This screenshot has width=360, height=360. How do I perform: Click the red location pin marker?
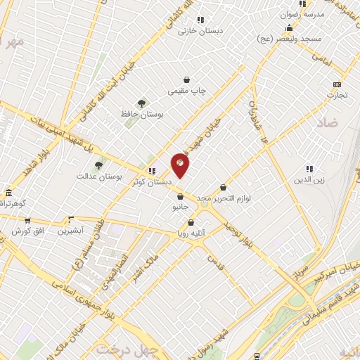click(x=181, y=166)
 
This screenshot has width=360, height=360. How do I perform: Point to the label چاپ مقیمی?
click(x=186, y=91)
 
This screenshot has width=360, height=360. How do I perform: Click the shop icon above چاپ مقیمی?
click(x=186, y=79)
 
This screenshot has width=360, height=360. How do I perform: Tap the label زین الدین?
click(x=308, y=180)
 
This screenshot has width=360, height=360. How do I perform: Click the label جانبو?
click(x=181, y=208)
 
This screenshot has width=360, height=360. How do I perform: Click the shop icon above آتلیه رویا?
click(x=191, y=223)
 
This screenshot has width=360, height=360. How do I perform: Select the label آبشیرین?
click(x=70, y=231)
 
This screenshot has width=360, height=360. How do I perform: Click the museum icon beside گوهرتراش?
click(x=8, y=193)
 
